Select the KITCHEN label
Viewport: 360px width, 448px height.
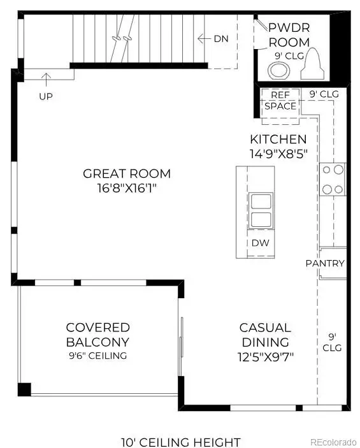pos(278,139)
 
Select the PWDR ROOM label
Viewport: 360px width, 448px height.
pos(289,35)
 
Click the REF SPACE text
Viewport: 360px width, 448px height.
pos(280,101)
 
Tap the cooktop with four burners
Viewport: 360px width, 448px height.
pos(333,179)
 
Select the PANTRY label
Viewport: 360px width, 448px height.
pos(325,263)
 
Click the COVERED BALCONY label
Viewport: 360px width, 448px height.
pos(97,335)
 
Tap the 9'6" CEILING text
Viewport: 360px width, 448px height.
pos(97,356)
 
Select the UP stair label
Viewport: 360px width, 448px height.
pos(45,96)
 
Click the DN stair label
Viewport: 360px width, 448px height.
pos(221,39)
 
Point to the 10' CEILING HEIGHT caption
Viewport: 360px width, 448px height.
pos(180,442)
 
